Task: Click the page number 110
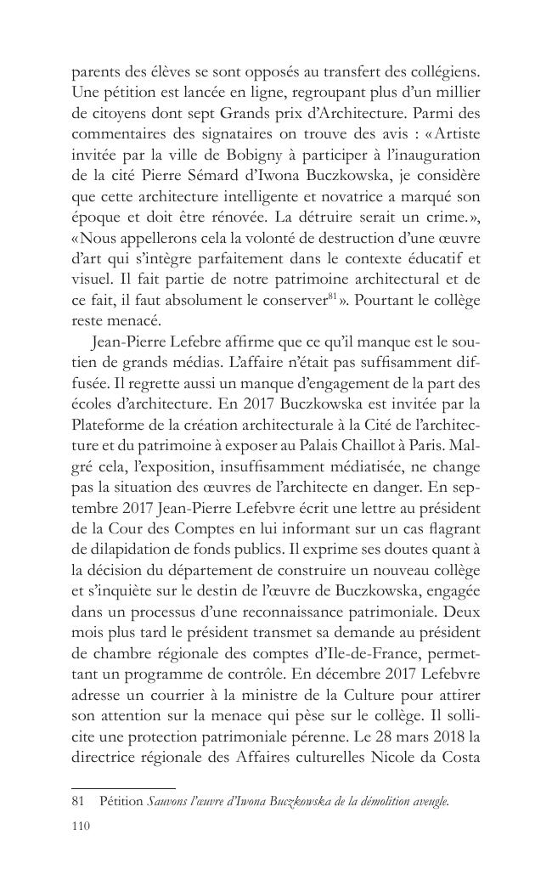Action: (x=81, y=823)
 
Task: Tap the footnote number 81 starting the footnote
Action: (x=78, y=800)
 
